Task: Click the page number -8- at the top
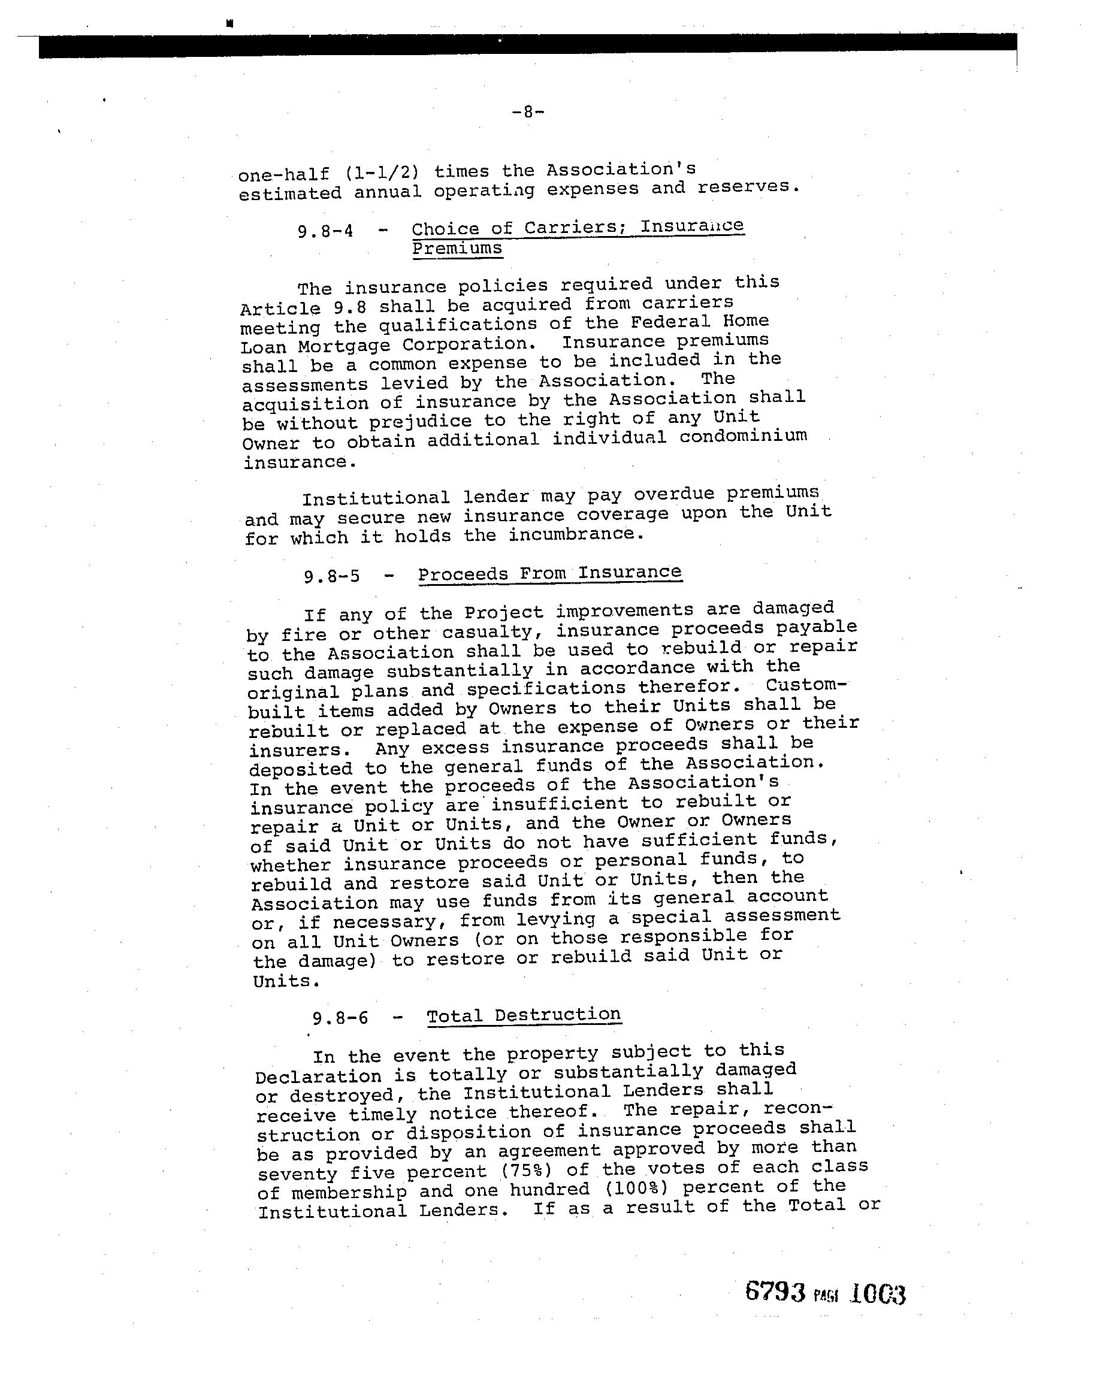[528, 113]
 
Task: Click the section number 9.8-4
[325, 231]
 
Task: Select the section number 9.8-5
[331, 576]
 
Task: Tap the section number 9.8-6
[340, 1017]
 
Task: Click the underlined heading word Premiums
[457, 249]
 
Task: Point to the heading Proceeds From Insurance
[549, 573]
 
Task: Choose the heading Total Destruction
[524, 1015]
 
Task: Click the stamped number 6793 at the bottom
[775, 1292]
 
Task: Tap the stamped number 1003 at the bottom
[878, 1295]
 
